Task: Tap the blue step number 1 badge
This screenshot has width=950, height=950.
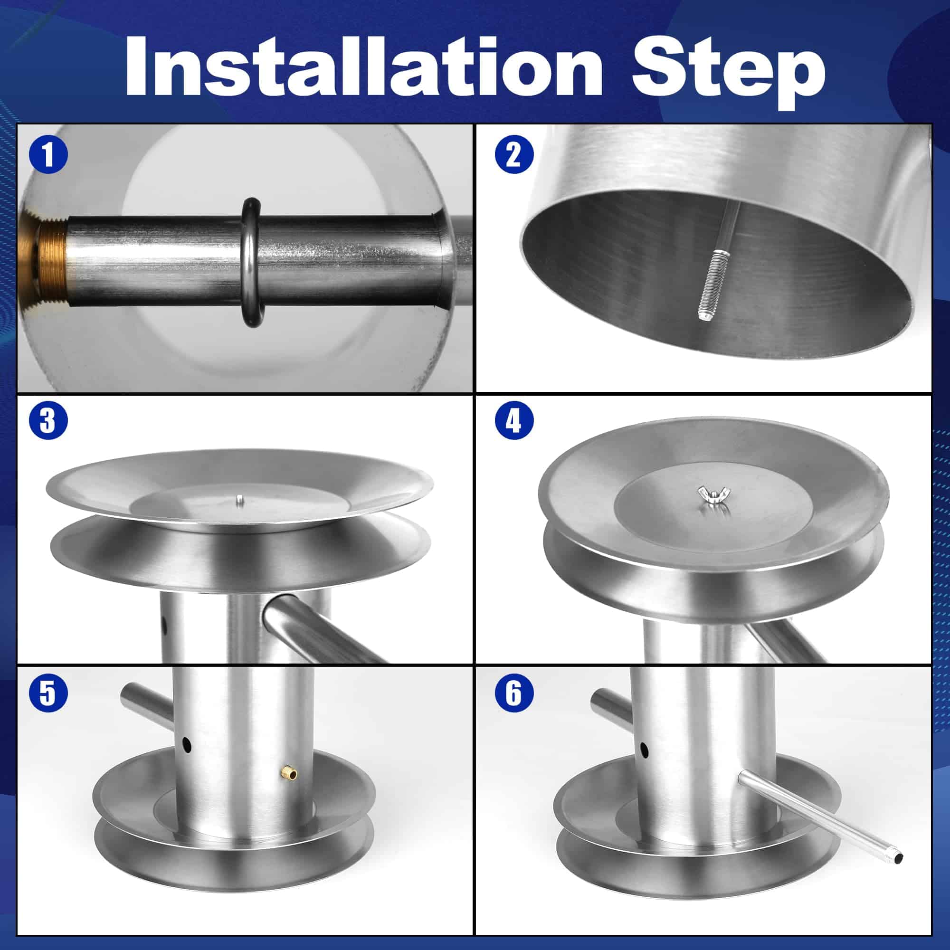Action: pyautogui.click(x=48, y=155)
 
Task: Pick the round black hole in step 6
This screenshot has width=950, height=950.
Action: pyautogui.click(x=644, y=750)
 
